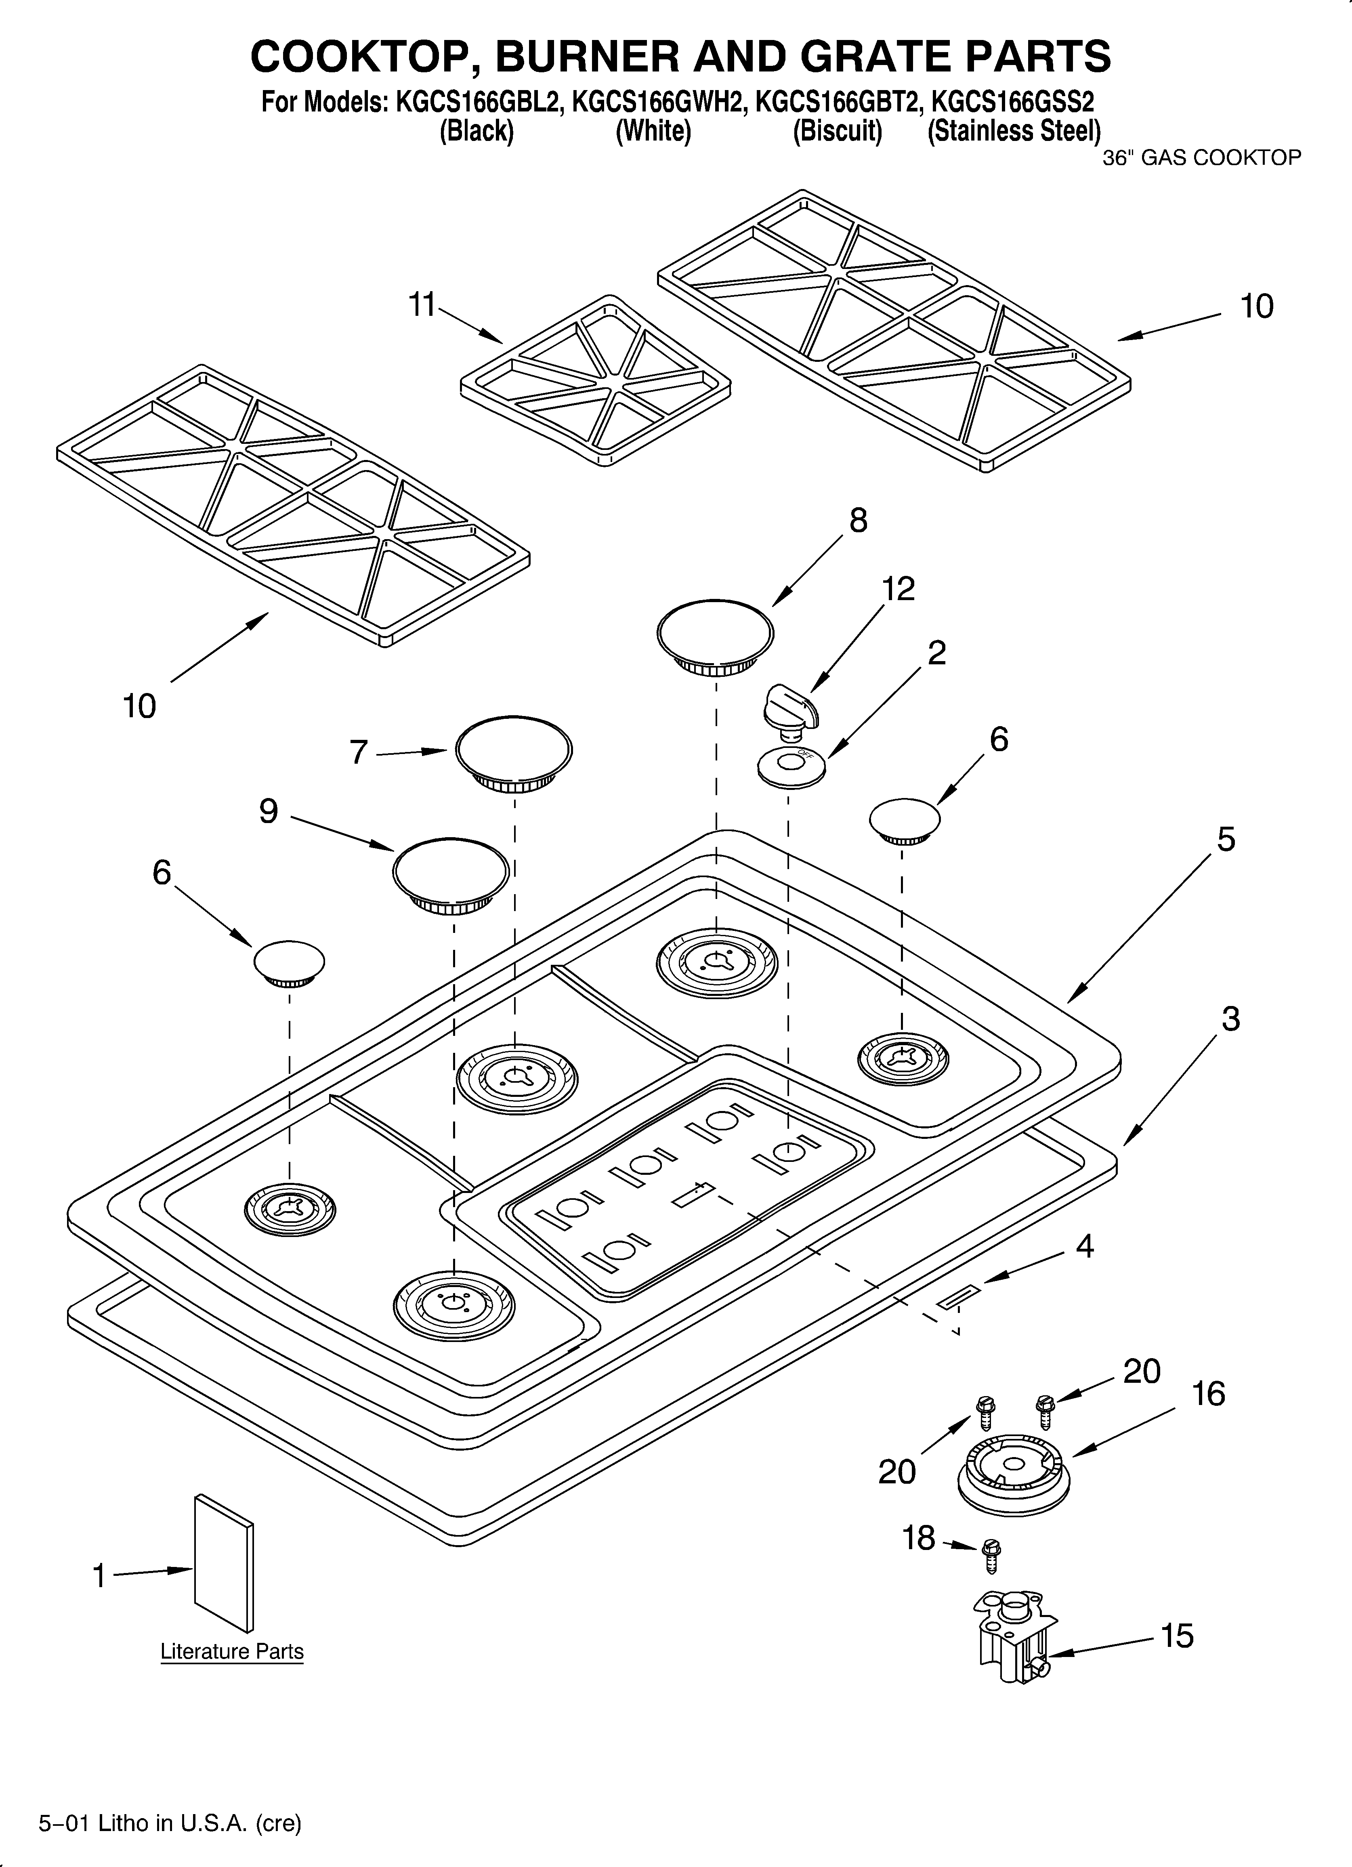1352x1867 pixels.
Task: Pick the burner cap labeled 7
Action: point(514,751)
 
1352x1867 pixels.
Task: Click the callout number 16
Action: point(1208,1394)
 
